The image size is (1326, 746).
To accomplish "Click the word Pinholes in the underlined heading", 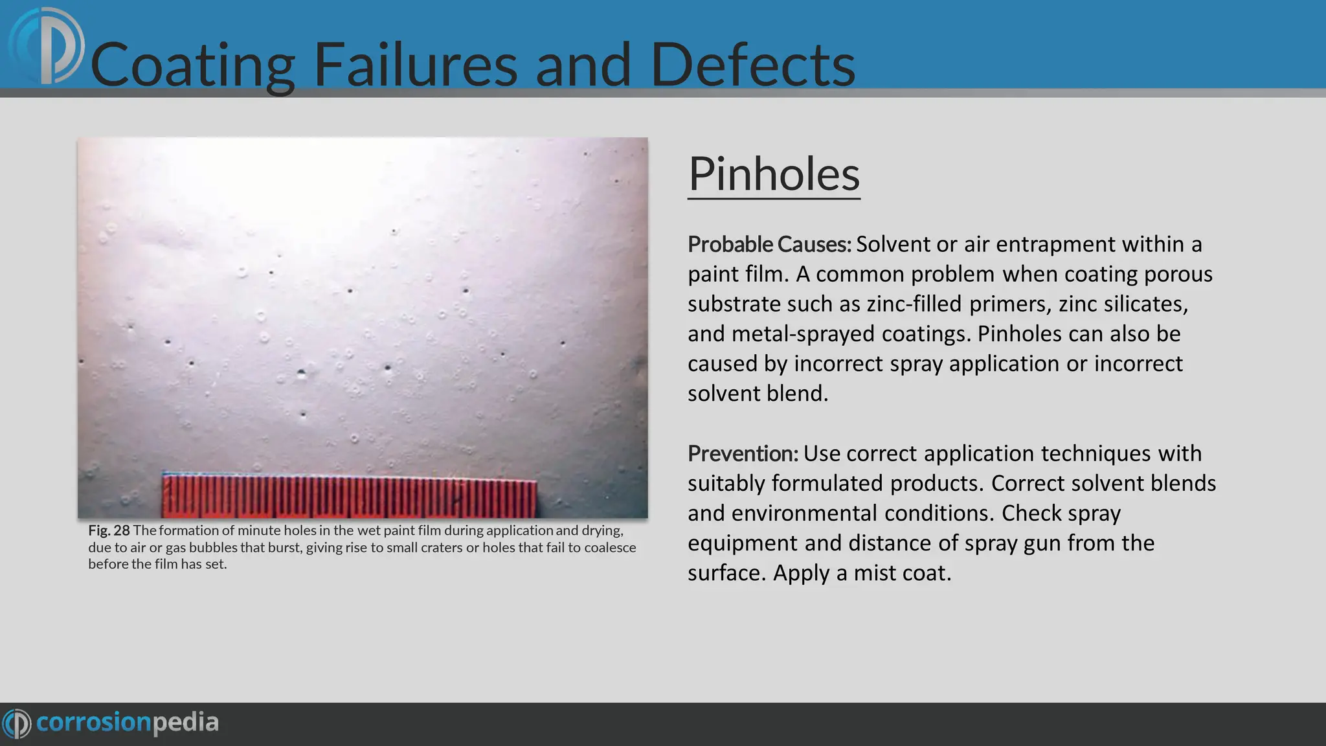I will [x=774, y=174].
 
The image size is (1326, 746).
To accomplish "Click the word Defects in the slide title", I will [x=752, y=65].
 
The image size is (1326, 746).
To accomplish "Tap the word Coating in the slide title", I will [x=193, y=65].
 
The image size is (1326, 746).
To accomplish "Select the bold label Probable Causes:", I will [x=769, y=245].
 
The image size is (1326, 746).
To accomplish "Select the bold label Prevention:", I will [x=743, y=454].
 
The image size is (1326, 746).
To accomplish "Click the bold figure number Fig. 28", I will [x=109, y=530].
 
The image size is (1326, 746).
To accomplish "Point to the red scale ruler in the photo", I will [x=350, y=495].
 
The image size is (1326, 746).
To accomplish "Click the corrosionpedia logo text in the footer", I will [x=127, y=722].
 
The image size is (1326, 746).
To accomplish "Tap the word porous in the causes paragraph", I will [x=1178, y=275].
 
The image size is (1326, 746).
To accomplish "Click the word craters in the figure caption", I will [x=440, y=548].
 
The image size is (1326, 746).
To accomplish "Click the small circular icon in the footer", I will [x=17, y=723].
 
